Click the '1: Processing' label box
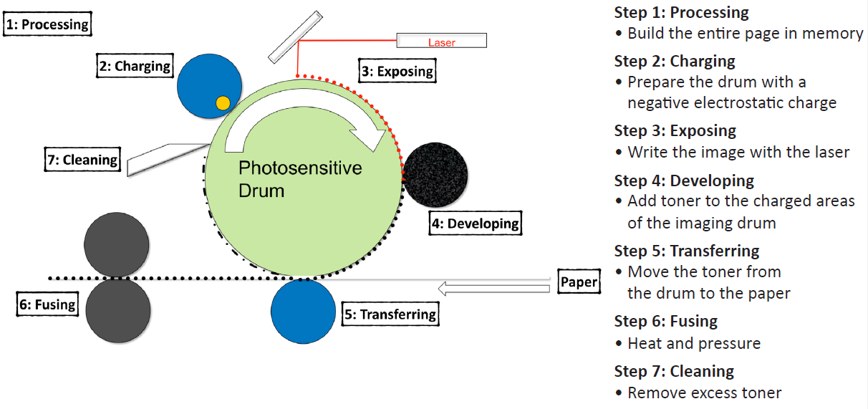pos(47,24)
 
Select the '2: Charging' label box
pos(135,67)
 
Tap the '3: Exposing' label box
pos(397,71)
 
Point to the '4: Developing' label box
pos(475,223)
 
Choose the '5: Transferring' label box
pos(390,314)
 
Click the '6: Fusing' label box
pos(47,304)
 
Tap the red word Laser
pos(442,42)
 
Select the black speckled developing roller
pos(435,173)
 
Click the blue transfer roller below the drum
pos(303,311)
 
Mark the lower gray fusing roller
pos(118,310)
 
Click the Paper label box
pos(579,282)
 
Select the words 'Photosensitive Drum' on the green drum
pos(299,179)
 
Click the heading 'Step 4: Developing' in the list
pos(684,181)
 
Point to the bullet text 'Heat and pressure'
pos(693,344)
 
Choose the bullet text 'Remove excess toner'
pos(704,393)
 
